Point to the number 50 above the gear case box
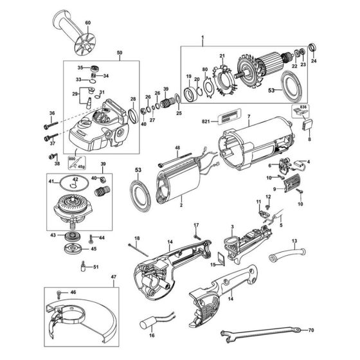[101, 52]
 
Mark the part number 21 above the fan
[222, 55]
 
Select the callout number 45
[94, 249]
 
